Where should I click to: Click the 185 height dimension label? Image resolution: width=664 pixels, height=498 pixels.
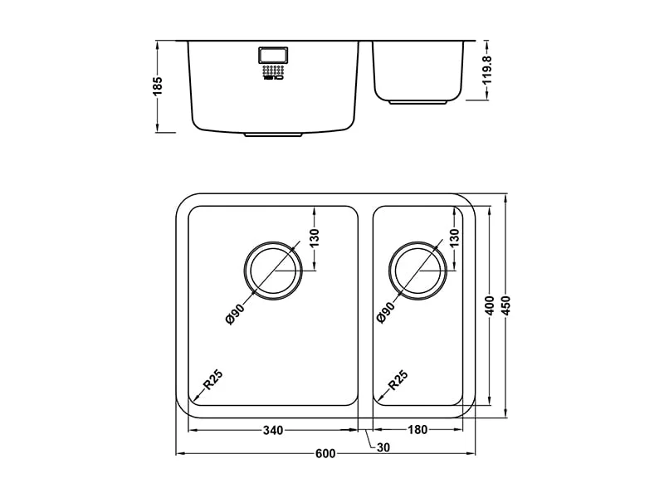158,85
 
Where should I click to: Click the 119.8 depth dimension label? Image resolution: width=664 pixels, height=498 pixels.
488,71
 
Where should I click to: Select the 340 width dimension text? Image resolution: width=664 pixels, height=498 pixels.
273,430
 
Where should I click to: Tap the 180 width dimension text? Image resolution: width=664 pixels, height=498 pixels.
418,430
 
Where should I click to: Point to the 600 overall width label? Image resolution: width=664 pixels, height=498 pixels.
325,453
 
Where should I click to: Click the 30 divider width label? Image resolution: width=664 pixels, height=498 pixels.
383,447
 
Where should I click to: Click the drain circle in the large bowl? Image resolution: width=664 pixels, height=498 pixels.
274,271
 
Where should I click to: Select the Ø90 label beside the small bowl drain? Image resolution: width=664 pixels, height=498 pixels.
384,313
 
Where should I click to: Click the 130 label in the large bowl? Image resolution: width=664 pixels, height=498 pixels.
314,241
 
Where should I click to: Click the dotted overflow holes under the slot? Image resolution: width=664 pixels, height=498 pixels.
273,73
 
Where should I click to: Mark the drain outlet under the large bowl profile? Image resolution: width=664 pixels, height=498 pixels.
275,134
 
